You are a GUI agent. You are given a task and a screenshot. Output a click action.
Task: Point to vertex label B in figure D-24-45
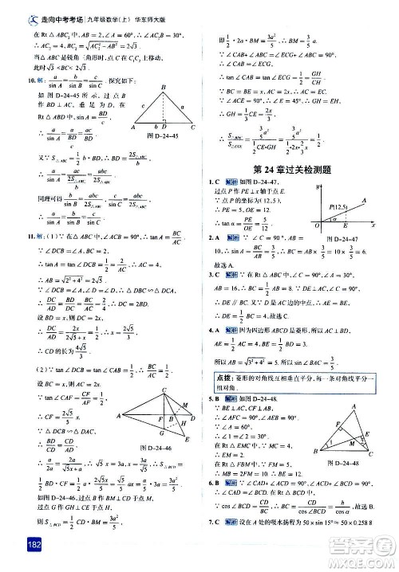click(x=161, y=87)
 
